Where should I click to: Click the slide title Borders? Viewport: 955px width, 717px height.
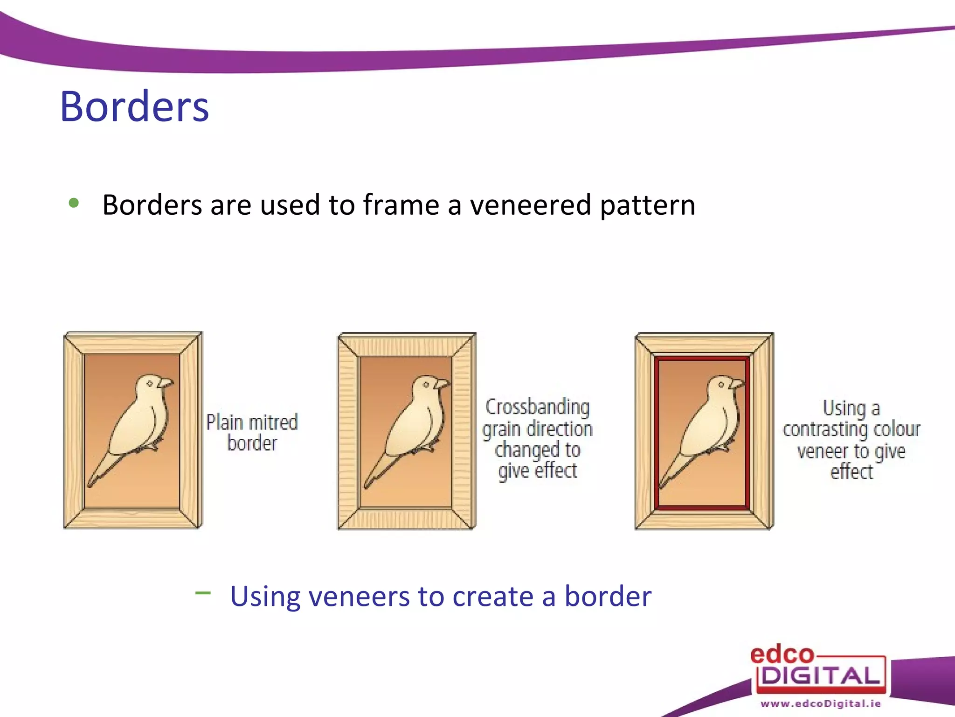point(134,107)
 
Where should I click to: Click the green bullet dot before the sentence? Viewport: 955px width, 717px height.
point(74,203)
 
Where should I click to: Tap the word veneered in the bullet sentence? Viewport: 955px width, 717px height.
point(531,205)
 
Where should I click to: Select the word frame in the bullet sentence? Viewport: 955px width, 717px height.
point(401,205)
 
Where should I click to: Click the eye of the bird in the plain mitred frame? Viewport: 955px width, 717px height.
point(150,384)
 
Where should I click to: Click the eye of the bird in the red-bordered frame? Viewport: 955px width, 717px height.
point(721,385)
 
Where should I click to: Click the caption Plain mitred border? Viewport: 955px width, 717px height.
point(252,432)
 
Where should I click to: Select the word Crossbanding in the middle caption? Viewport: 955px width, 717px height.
point(537,407)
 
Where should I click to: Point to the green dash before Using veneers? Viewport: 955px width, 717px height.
point(203,593)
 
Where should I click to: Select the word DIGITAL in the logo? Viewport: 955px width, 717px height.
point(821,675)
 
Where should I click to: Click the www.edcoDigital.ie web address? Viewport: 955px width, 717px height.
point(821,703)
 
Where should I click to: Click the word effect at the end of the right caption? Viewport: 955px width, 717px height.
point(851,472)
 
